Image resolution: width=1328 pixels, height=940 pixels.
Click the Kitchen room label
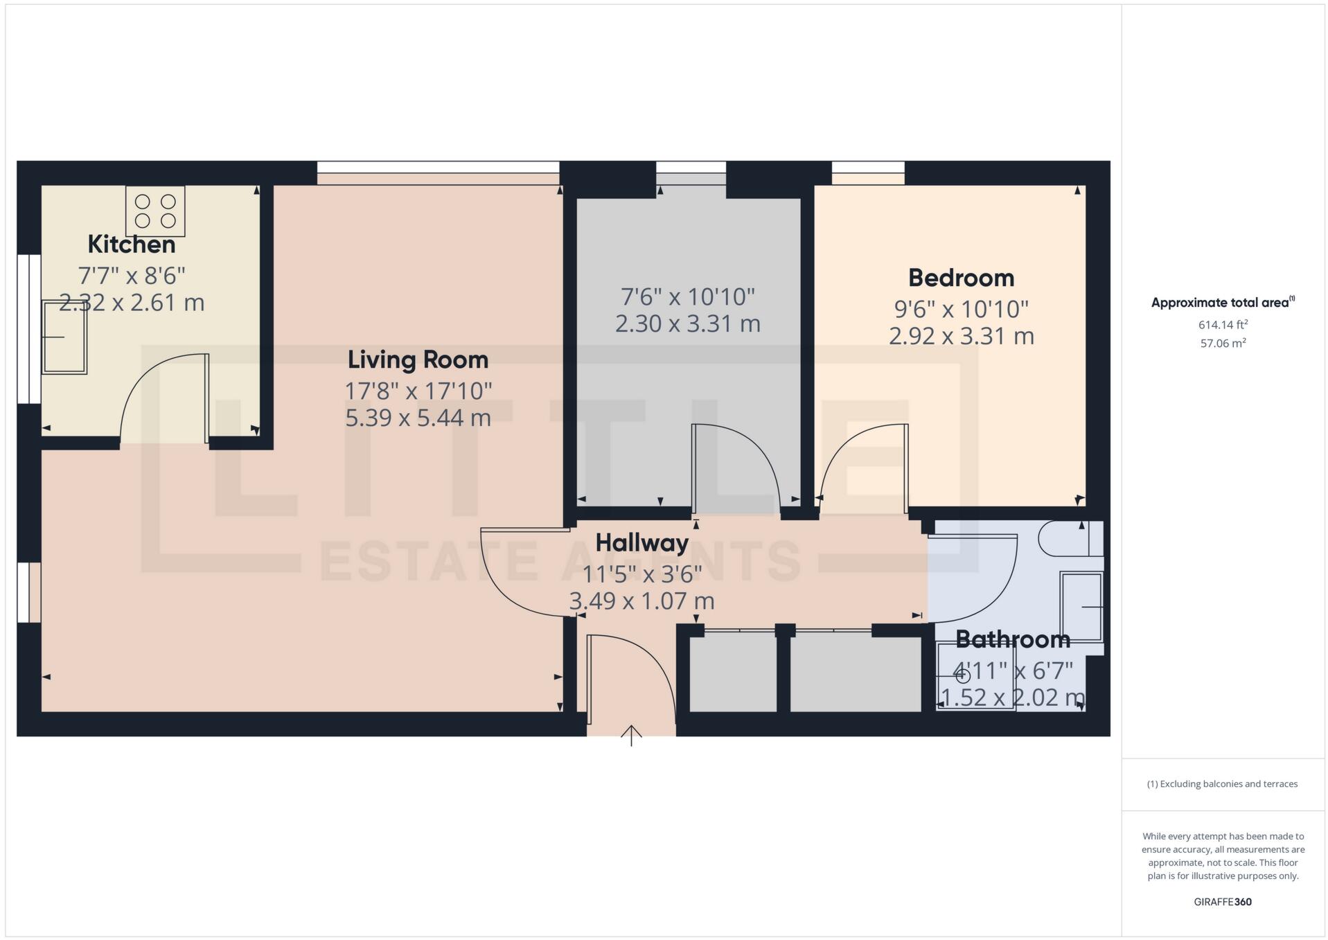[x=131, y=245]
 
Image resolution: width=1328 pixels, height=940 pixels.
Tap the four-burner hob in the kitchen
[x=155, y=211]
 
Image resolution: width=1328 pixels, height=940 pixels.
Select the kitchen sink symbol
[x=64, y=337]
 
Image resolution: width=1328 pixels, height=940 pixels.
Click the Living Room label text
[x=418, y=360]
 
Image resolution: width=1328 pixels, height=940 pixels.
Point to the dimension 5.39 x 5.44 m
[x=418, y=418]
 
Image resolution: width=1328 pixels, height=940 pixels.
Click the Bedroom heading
[x=961, y=278]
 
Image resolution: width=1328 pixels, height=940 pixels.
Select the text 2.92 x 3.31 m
[x=961, y=336]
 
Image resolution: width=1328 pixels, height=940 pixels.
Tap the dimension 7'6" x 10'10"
[x=687, y=297]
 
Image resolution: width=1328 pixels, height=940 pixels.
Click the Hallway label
[x=641, y=542]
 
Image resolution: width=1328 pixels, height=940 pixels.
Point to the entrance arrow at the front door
[x=630, y=735]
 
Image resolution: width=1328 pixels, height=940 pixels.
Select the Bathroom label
[x=1012, y=639]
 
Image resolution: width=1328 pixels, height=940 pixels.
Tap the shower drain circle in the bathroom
[x=963, y=677]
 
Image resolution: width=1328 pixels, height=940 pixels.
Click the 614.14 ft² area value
[x=1223, y=325]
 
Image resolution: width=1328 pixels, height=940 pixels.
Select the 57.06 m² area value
[x=1223, y=343]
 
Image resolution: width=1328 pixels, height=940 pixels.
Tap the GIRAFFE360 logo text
[x=1223, y=902]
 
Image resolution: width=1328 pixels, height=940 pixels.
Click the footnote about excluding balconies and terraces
[x=1222, y=784]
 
